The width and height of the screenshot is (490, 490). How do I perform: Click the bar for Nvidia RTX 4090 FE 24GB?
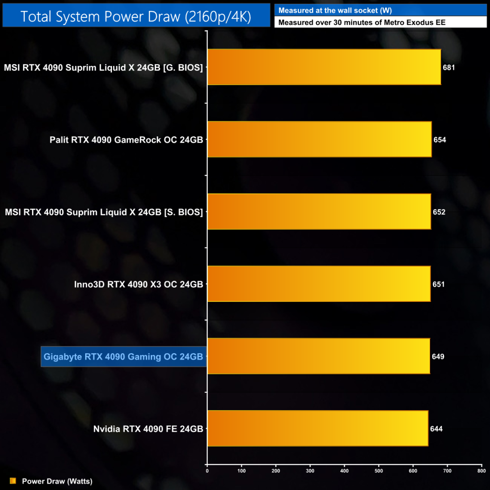point(318,428)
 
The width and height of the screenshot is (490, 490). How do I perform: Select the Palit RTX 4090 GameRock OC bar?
point(319,139)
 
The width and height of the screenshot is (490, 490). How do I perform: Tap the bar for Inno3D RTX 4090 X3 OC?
point(319,284)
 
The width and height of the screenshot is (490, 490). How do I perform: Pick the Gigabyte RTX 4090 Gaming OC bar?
point(318,356)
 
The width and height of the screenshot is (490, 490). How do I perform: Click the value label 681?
point(449,67)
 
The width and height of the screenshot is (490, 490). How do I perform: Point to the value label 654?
point(440,140)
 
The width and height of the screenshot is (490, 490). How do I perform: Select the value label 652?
point(439,212)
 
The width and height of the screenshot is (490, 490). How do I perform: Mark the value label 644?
point(436,429)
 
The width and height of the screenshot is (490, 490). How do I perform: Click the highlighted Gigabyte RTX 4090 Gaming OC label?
point(123,356)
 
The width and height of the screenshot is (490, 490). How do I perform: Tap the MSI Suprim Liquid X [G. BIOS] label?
point(103,67)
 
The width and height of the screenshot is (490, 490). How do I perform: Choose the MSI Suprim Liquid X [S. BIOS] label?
point(103,212)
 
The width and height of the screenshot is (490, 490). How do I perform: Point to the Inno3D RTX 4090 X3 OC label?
point(139,284)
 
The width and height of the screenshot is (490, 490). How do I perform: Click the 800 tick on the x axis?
point(481,471)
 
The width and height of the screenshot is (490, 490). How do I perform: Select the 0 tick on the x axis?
point(207,471)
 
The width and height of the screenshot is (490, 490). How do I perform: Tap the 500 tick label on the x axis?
point(379,471)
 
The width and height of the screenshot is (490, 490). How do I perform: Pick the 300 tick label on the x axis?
point(310,471)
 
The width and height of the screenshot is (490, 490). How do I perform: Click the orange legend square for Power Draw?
point(13,481)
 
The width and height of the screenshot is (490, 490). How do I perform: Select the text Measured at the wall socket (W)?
point(335,11)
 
